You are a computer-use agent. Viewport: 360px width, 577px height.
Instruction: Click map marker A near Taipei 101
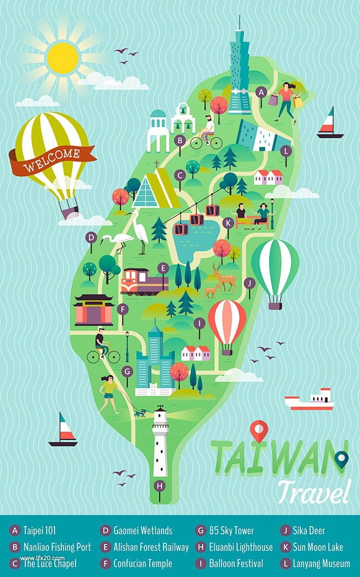point(262,91)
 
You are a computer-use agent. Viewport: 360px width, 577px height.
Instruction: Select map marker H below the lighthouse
point(159,485)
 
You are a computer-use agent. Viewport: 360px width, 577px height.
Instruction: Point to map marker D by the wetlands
point(91,237)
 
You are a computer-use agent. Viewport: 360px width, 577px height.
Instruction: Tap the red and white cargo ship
point(310,400)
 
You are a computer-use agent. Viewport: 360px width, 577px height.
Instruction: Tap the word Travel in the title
point(313,491)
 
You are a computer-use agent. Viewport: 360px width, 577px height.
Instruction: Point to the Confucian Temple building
point(94,310)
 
